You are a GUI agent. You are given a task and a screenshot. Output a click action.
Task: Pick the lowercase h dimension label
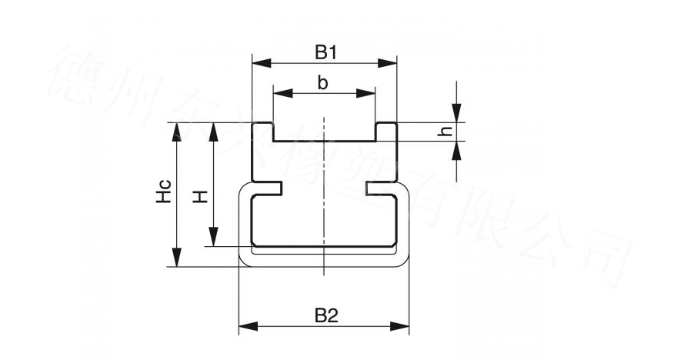[x=444, y=132]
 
